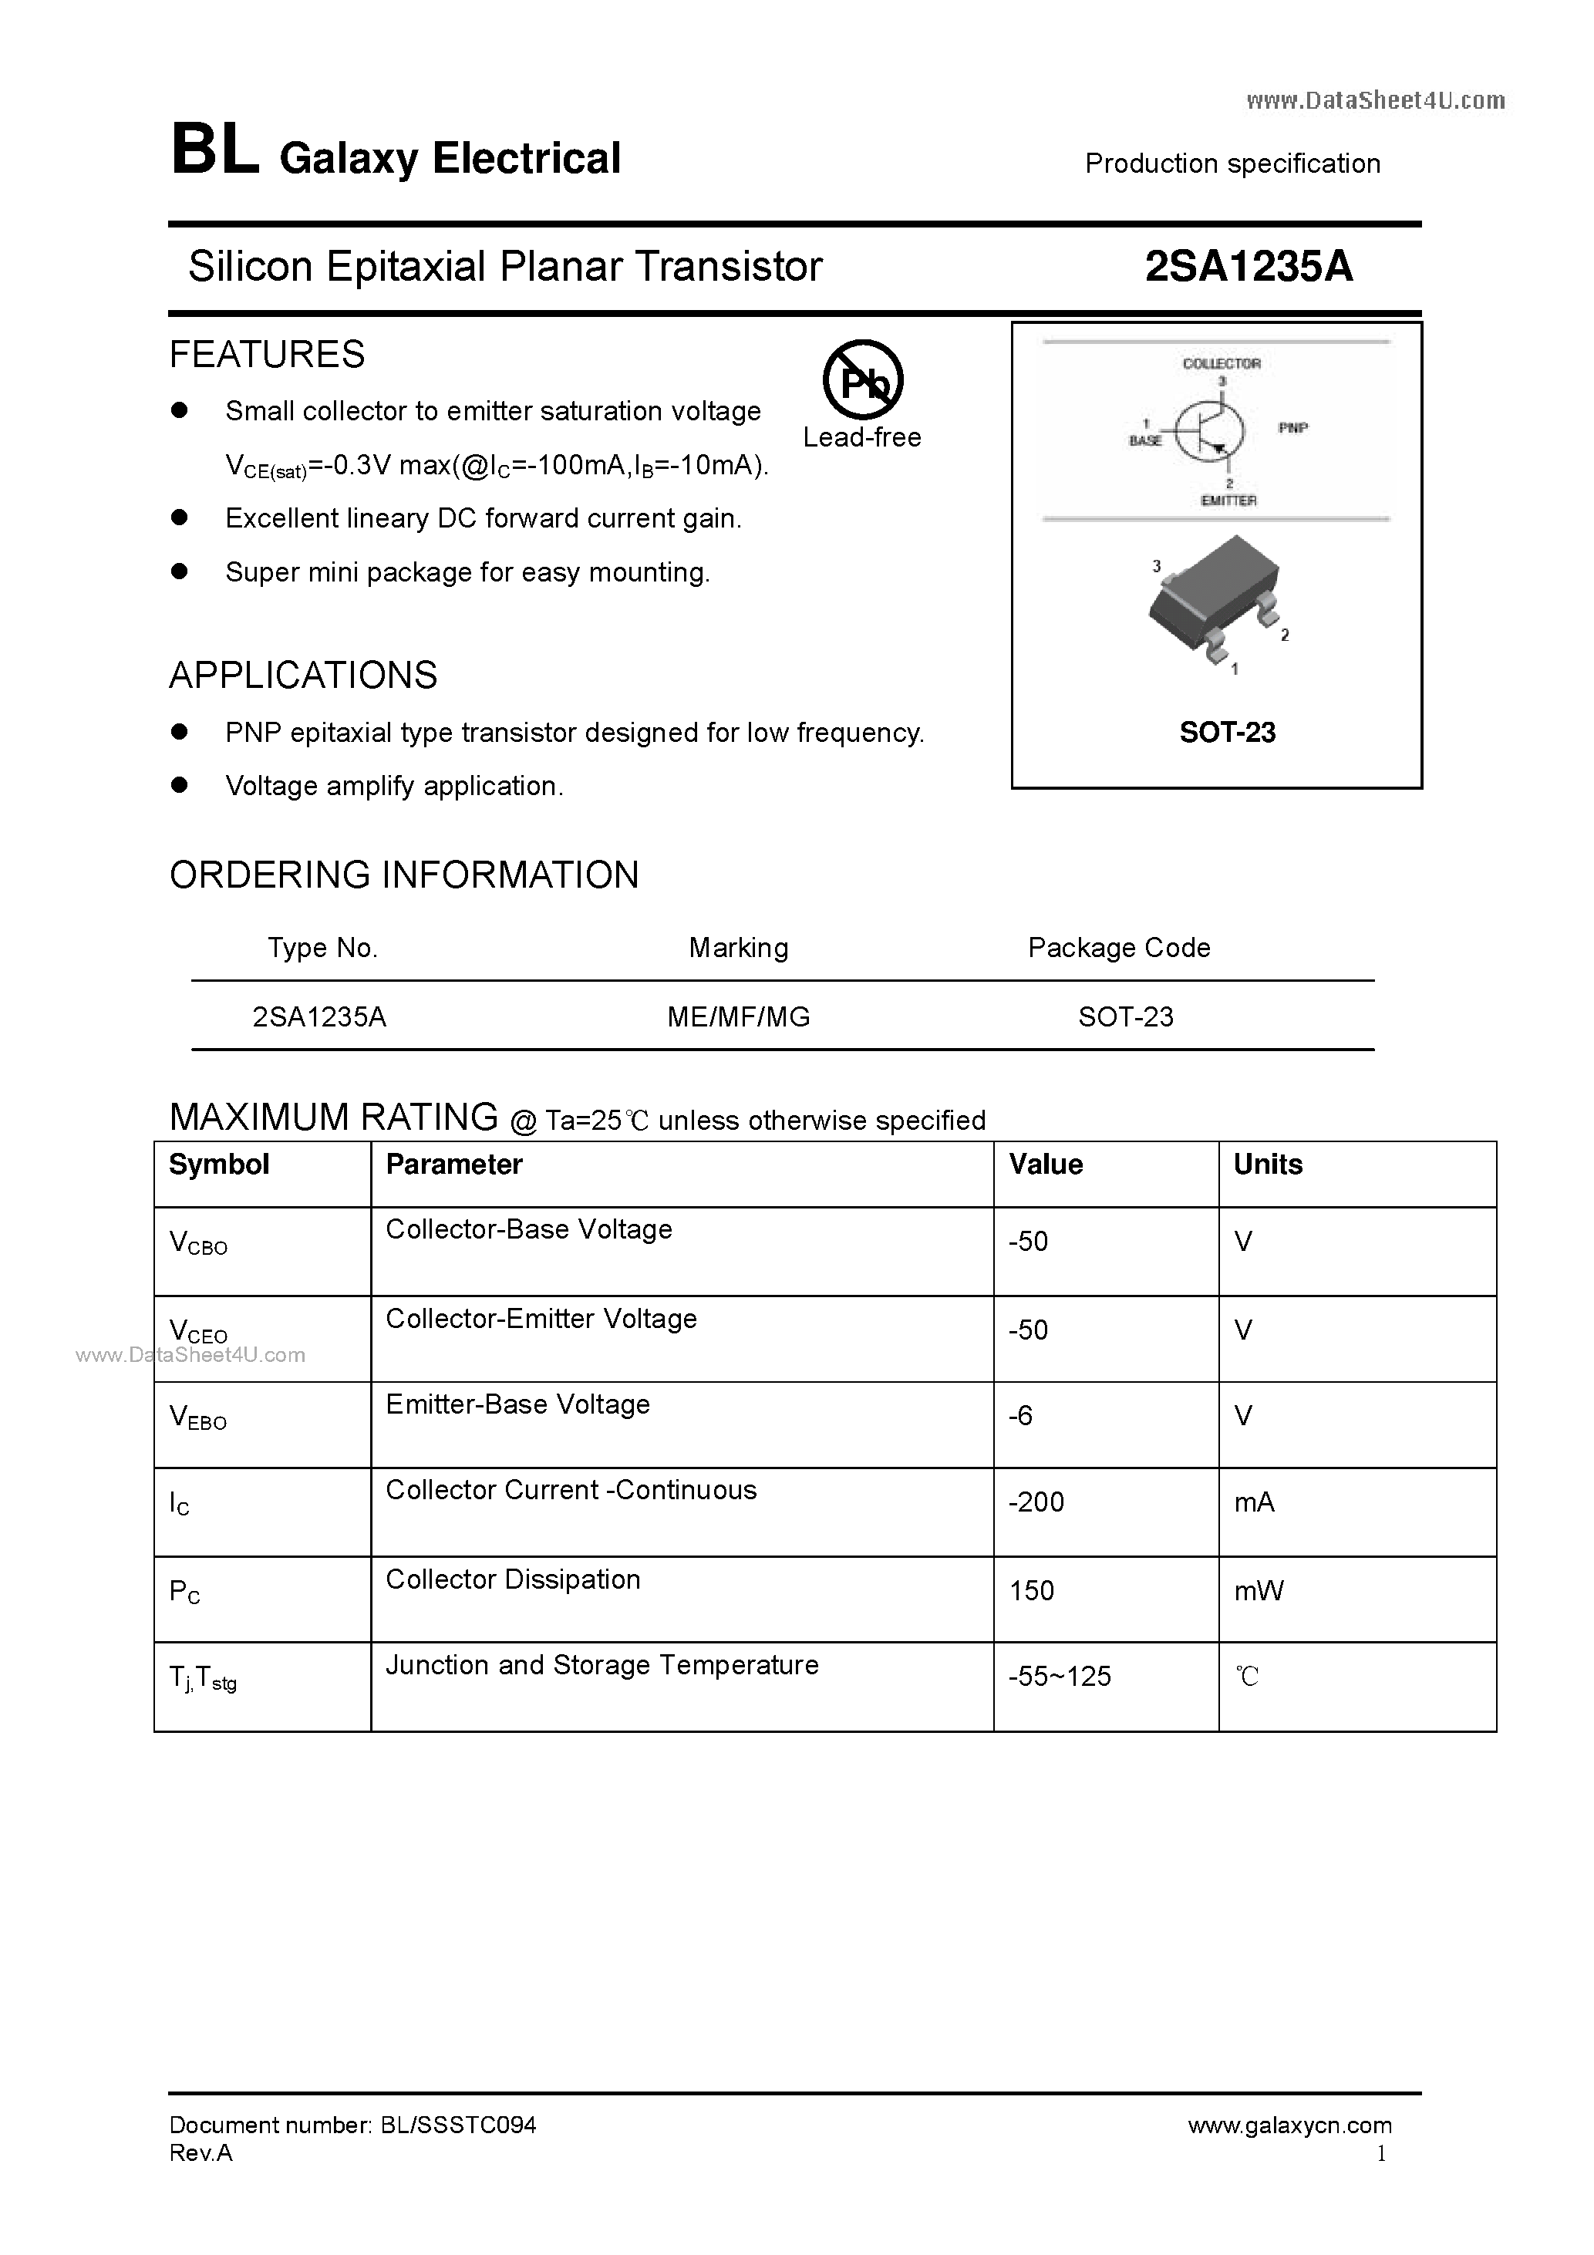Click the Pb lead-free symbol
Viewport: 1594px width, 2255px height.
pos(862,381)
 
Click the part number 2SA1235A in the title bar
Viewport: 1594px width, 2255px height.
pos(1249,266)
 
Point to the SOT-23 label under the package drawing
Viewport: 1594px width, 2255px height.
pos(1227,733)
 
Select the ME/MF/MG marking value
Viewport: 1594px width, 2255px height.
pos(739,1016)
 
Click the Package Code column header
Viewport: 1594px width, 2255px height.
pos(1119,948)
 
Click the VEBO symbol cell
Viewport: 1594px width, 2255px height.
pos(198,1417)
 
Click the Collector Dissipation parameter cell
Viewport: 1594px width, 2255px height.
pos(513,1579)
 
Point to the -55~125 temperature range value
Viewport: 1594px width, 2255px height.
pos(1060,1677)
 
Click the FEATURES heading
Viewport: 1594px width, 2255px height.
pos(267,355)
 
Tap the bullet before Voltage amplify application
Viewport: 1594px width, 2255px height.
pos(179,785)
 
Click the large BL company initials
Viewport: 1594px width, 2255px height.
pos(215,152)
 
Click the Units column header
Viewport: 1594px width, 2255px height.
pos(1268,1165)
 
